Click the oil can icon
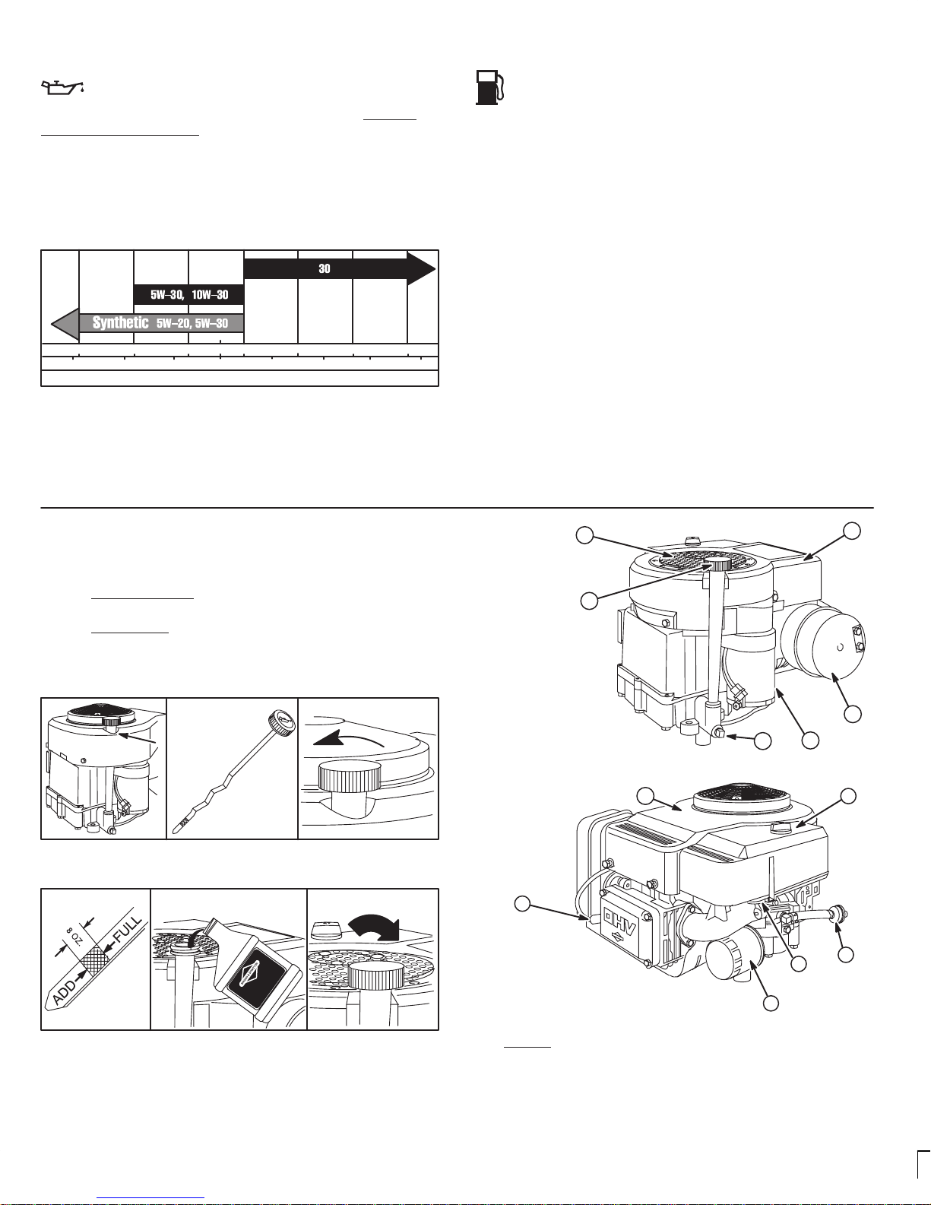point(62,87)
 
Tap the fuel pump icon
point(490,87)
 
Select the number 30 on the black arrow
point(325,269)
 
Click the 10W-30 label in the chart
point(210,294)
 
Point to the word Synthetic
point(120,322)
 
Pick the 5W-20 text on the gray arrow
point(173,323)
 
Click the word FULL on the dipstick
point(128,931)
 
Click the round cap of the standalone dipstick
point(280,723)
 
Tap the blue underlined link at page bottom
point(150,1200)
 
